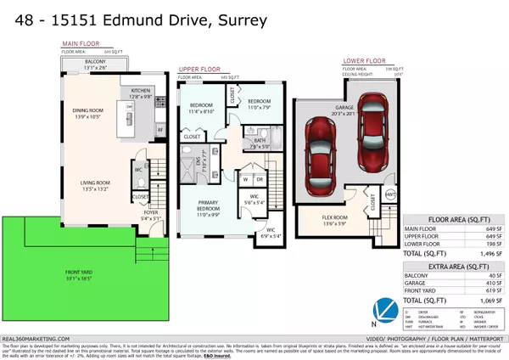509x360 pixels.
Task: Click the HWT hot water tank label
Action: [391, 194]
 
